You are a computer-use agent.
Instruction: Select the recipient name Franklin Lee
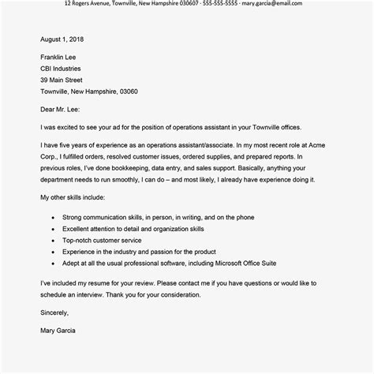62,57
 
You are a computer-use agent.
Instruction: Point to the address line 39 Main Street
64,80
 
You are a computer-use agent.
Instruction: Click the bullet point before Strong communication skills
52,216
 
